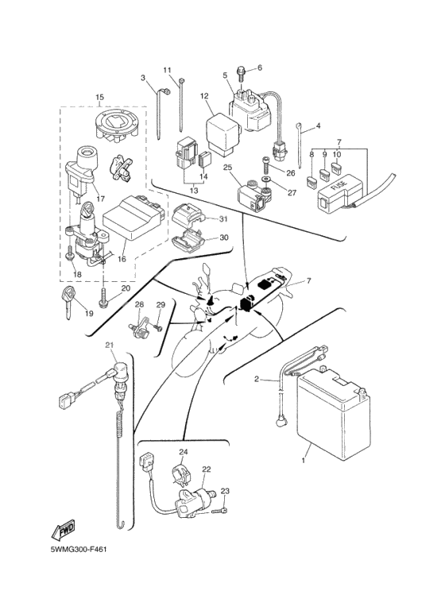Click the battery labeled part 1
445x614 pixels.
pyautogui.click(x=334, y=416)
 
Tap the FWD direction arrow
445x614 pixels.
pyautogui.click(x=63, y=531)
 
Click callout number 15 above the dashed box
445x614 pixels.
pyautogui.click(x=99, y=96)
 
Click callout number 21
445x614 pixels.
pyautogui.click(x=109, y=345)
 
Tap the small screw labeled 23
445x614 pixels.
pyautogui.click(x=220, y=511)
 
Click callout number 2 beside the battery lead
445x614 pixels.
pyautogui.click(x=256, y=379)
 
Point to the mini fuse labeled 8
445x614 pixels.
pyautogui.click(x=311, y=181)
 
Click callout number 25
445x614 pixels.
pyautogui.click(x=227, y=168)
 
